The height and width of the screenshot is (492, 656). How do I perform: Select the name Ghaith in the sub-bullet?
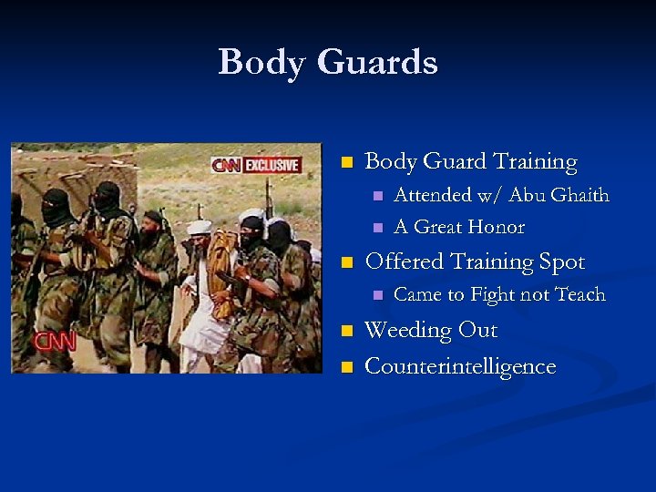[x=580, y=195]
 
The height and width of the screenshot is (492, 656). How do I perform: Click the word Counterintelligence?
[x=460, y=366]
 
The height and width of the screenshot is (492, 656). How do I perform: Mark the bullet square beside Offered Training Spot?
[x=345, y=263]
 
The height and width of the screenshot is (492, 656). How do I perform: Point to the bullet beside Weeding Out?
[x=345, y=332]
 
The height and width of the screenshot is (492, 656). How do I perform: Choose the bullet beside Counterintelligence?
[x=345, y=368]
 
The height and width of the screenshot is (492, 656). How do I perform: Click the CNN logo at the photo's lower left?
[x=55, y=342]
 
